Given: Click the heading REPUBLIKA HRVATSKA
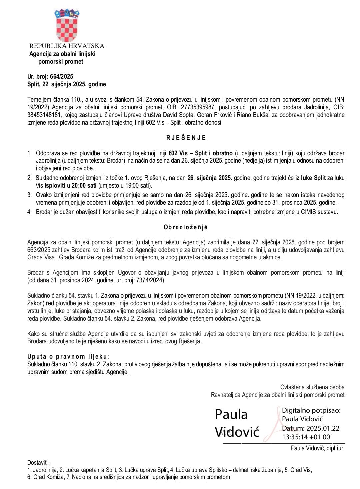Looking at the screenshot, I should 67,46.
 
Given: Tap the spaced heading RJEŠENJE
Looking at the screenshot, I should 186,138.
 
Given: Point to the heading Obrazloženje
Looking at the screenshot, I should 186,227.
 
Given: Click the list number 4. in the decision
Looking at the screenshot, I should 29,212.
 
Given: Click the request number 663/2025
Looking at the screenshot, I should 40,250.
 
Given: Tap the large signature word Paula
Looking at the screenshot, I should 231,414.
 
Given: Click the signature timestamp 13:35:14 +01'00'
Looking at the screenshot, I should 307,437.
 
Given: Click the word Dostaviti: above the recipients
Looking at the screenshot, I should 38,462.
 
